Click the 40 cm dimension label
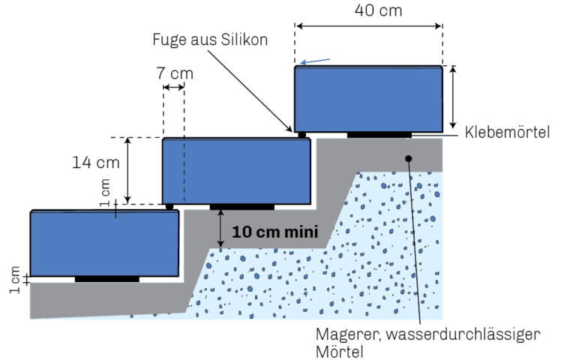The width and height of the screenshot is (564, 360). (378, 10)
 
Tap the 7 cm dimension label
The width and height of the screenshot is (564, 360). (175, 73)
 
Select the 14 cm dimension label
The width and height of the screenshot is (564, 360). (96, 163)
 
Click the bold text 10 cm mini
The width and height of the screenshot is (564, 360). (275, 232)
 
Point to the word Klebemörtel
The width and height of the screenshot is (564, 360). (507, 132)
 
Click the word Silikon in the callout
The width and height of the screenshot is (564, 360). (244, 39)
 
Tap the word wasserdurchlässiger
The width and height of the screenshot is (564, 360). (463, 334)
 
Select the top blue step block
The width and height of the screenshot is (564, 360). (369, 99)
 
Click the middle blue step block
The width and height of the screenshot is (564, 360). (236, 171)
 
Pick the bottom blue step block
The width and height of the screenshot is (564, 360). (104, 244)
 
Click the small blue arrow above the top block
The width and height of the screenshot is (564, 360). (315, 61)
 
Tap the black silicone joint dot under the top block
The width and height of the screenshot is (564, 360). (302, 135)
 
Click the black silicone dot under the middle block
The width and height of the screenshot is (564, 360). (169, 207)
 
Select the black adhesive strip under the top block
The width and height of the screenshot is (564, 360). (379, 135)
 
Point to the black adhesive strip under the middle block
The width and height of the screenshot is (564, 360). (242, 207)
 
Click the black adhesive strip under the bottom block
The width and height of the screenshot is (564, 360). (107, 279)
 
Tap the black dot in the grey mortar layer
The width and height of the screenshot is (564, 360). (408, 158)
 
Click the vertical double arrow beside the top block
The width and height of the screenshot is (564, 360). (453, 97)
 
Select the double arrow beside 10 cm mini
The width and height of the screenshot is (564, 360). (220, 229)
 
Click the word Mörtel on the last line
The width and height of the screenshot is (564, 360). (340, 352)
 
